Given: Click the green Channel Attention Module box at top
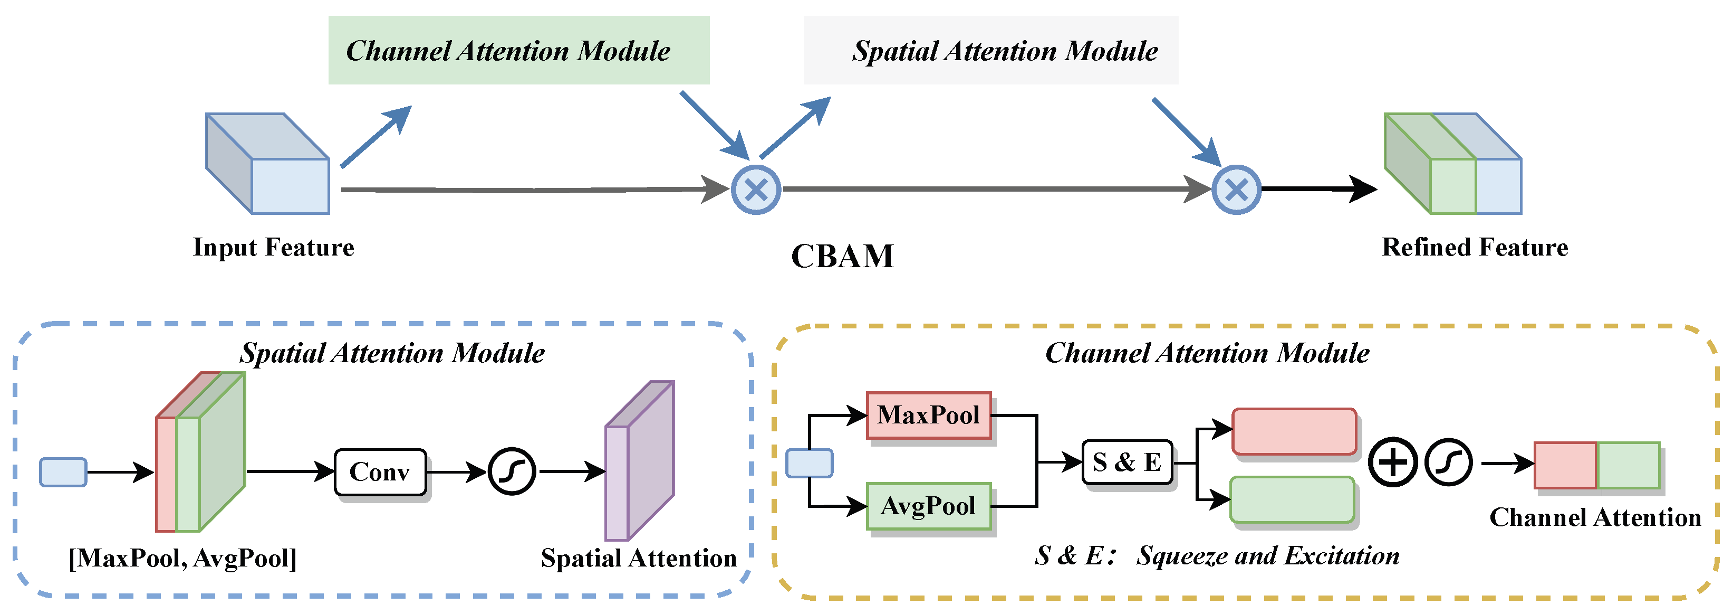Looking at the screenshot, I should click(x=519, y=51).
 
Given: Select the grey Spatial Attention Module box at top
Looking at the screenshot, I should click(x=990, y=51).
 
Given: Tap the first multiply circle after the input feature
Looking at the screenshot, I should click(x=756, y=190).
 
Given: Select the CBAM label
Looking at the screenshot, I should click(x=842, y=257).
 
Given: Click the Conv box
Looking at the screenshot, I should click(x=380, y=473).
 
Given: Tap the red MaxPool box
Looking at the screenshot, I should click(x=928, y=415).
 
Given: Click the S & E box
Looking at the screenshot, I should click(x=1127, y=462).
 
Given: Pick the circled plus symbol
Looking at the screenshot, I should click(x=1393, y=462).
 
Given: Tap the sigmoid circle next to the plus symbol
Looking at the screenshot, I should click(x=1448, y=462).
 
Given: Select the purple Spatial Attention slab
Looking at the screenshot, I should click(x=639, y=465).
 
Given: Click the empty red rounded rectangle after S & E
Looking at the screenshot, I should click(x=1294, y=431).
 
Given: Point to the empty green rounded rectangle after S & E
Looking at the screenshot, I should click(x=1292, y=499).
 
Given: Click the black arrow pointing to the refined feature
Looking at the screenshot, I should click(x=1318, y=189).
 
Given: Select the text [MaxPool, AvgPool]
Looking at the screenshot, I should click(x=182, y=559).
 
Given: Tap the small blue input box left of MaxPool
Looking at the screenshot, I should click(x=810, y=463).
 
